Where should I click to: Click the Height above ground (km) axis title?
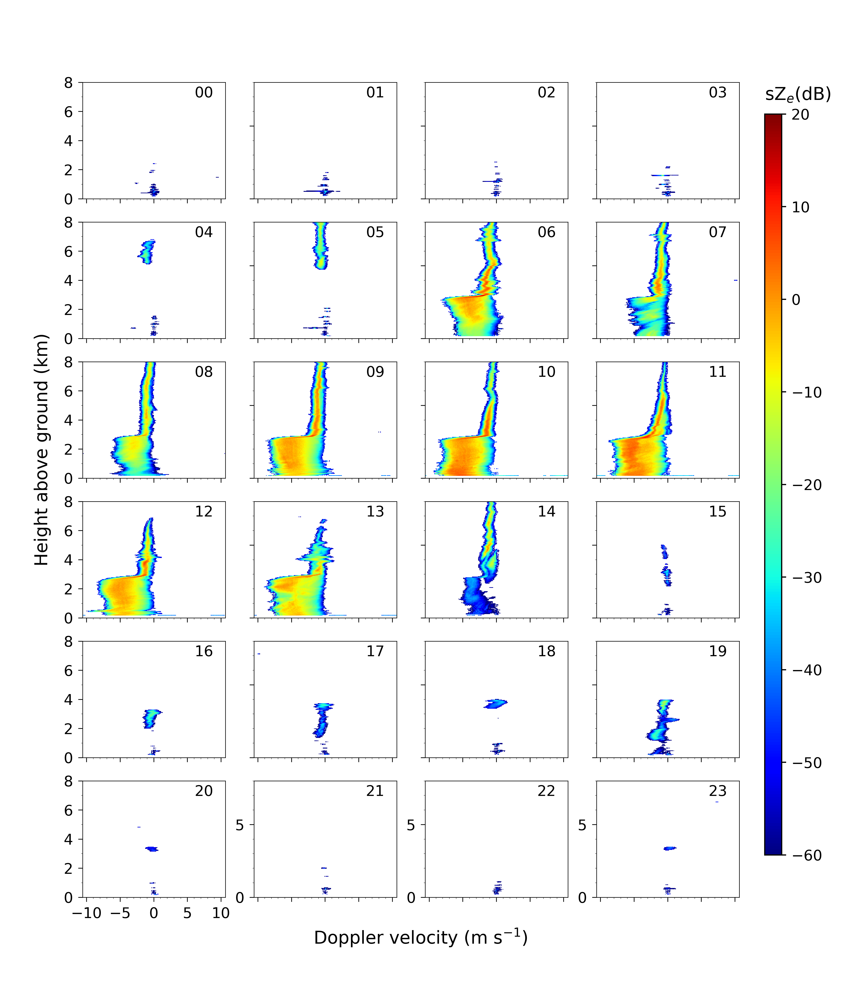coord(42,450)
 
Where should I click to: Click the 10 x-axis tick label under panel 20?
coord(221,913)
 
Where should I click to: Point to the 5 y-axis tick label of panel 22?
coord(411,825)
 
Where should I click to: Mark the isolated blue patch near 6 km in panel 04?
coord(147,252)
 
